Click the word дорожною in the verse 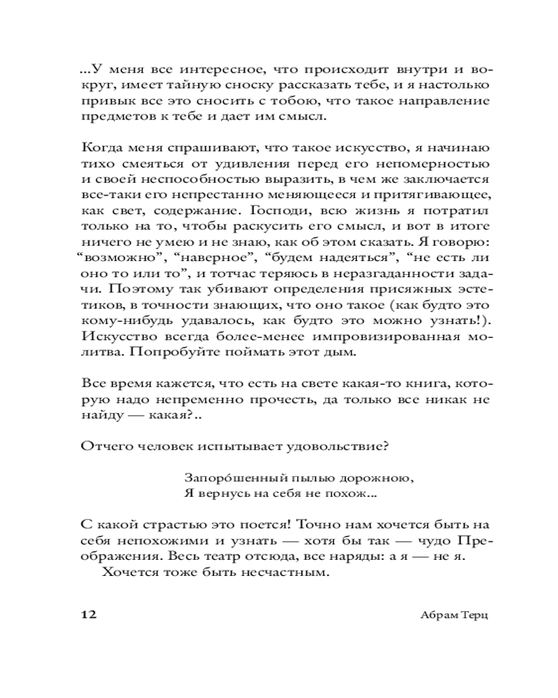click(x=370, y=478)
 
